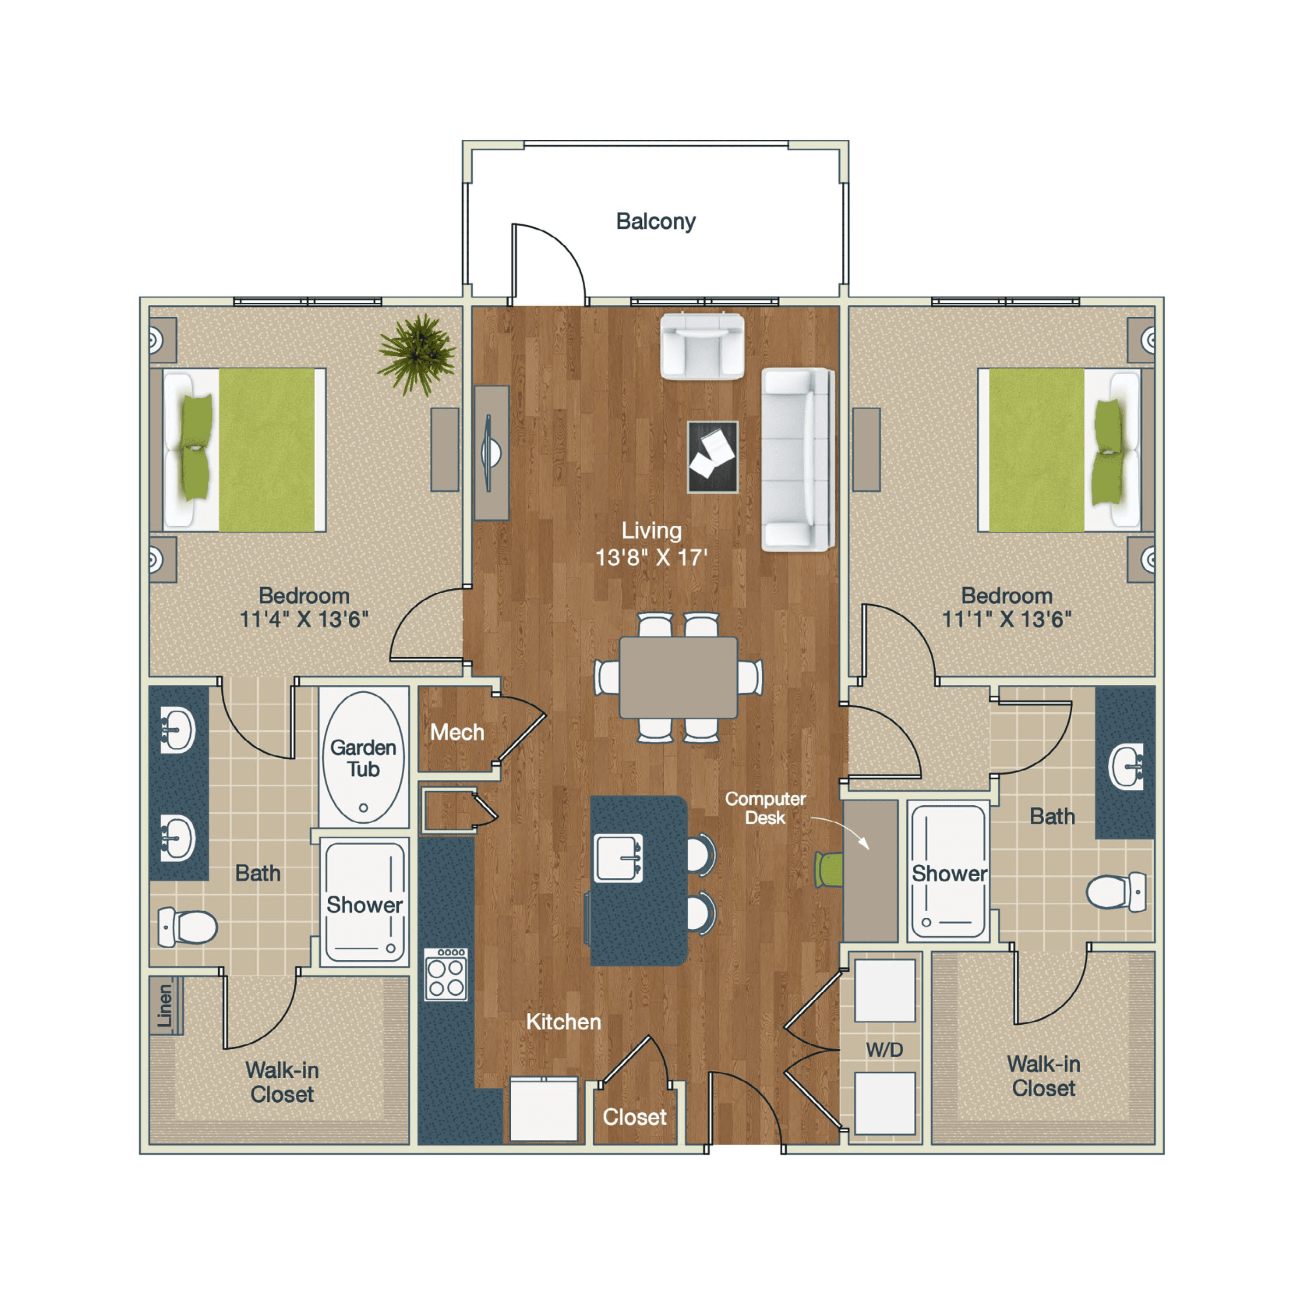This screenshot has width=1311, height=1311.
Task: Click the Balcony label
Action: (655, 221)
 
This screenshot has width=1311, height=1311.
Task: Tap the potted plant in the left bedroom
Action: (418, 354)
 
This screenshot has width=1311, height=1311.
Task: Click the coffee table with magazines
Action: (712, 457)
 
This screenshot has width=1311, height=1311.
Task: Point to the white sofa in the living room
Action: (796, 459)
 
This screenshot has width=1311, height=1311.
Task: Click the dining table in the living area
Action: (678, 677)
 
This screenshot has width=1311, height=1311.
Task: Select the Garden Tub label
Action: (363, 758)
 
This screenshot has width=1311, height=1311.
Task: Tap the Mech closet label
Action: (457, 732)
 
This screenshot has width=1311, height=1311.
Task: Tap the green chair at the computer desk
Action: (829, 870)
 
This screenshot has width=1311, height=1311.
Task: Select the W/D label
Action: (884, 1050)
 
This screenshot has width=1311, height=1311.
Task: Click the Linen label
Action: (164, 1006)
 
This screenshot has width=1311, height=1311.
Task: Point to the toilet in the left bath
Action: (188, 926)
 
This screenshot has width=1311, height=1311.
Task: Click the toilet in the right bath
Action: (1115, 891)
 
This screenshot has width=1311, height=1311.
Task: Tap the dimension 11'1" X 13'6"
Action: (1006, 619)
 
